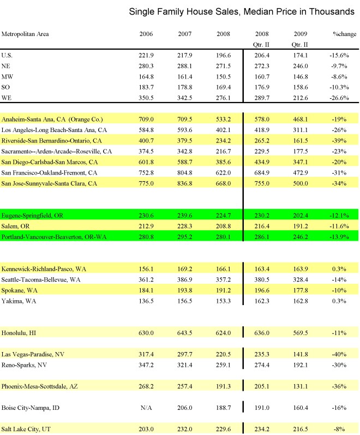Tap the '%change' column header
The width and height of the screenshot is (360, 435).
345,34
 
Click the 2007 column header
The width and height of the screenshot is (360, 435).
185,34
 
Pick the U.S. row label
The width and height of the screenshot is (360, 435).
8,55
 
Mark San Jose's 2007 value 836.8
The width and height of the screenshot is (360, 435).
185,182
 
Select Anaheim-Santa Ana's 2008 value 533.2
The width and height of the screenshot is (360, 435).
224,119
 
